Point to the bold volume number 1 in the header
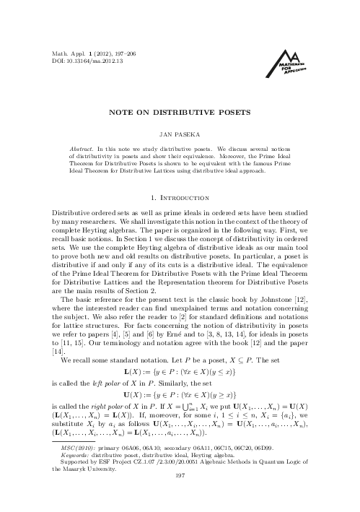pos(87,53)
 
